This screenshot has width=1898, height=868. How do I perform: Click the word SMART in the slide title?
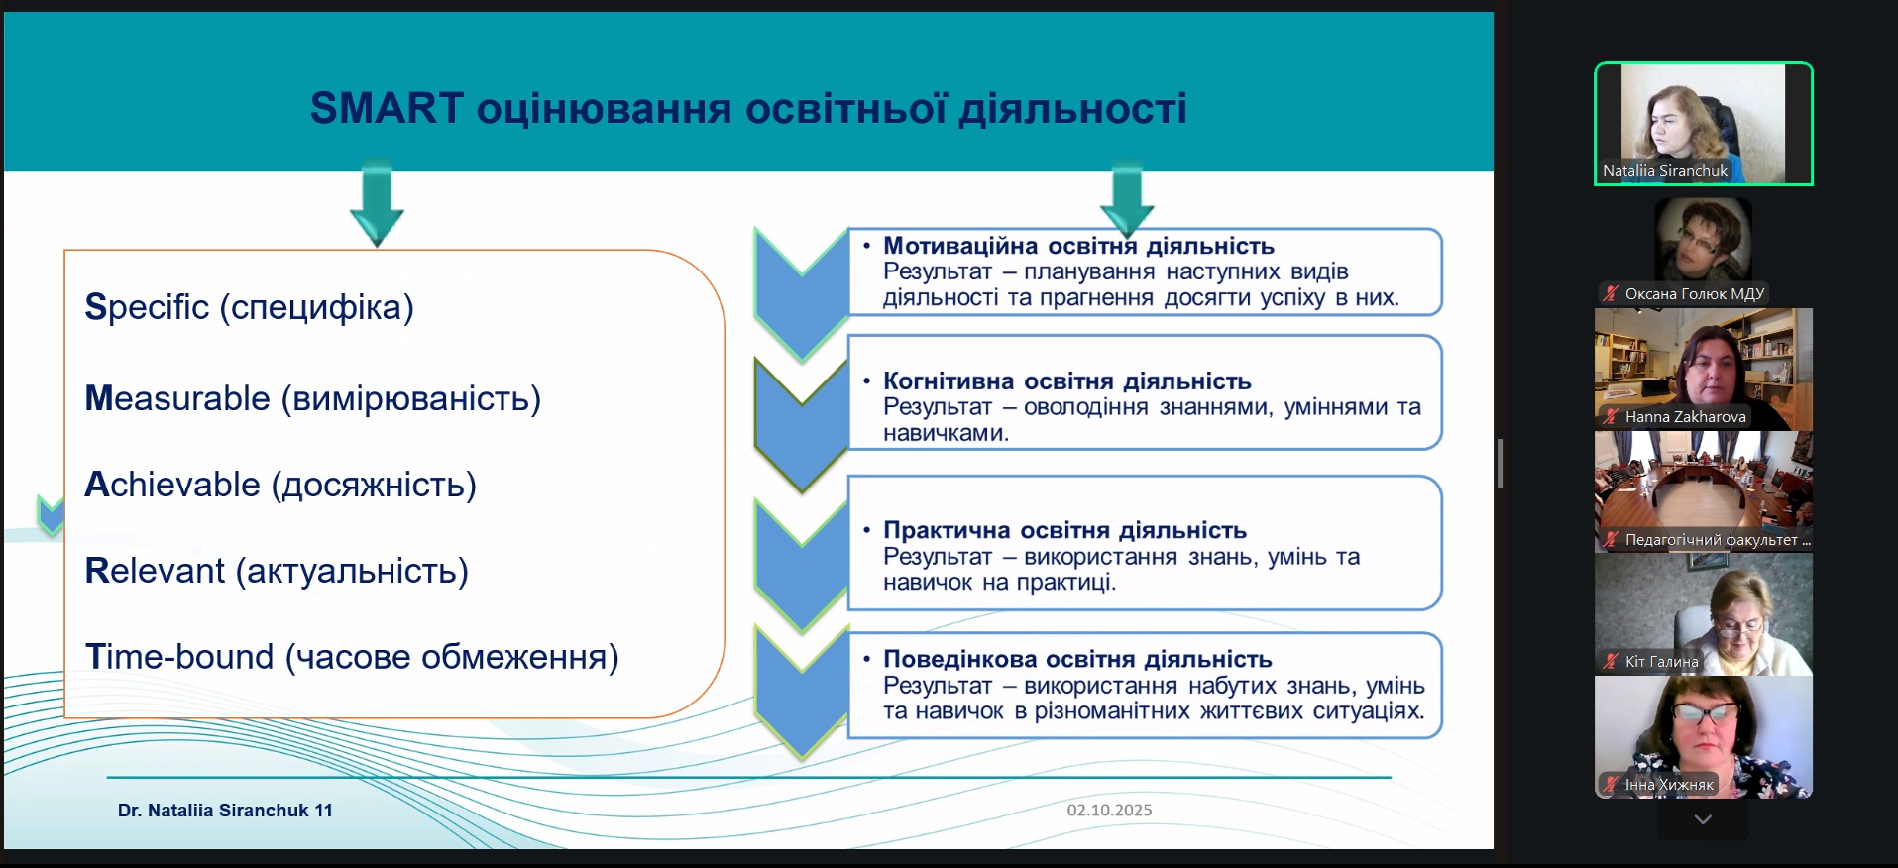[x=387, y=108]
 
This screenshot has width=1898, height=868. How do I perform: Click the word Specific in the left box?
[x=147, y=308]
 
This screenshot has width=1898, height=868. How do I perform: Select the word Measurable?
[x=177, y=398]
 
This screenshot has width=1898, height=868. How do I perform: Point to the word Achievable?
[x=172, y=485]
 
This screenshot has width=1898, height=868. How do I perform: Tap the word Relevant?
[x=155, y=571]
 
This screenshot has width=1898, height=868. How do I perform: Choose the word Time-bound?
[x=179, y=657]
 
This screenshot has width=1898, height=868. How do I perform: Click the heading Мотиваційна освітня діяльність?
[x=1078, y=246]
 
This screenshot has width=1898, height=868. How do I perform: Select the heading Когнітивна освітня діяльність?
[x=1067, y=381]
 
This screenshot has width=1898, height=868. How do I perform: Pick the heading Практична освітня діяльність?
[x=1065, y=530]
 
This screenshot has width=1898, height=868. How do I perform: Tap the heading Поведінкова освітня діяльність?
[x=1077, y=659]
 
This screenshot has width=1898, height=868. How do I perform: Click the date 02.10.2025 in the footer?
[x=1109, y=810]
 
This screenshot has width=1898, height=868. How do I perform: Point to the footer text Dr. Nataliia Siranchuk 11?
[x=225, y=811]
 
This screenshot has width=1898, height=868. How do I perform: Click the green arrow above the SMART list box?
[x=377, y=203]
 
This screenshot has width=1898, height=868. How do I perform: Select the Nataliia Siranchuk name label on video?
[x=1665, y=171]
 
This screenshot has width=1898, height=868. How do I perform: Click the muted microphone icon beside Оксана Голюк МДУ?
[x=1611, y=293]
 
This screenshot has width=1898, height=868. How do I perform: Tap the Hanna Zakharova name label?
[x=1685, y=417]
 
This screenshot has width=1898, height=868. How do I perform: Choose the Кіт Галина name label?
[x=1661, y=662]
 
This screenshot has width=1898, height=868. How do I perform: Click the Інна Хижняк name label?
[x=1669, y=785]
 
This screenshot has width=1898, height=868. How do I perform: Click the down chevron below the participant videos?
[x=1703, y=819]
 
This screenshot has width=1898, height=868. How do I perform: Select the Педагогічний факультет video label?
[x=1718, y=540]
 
